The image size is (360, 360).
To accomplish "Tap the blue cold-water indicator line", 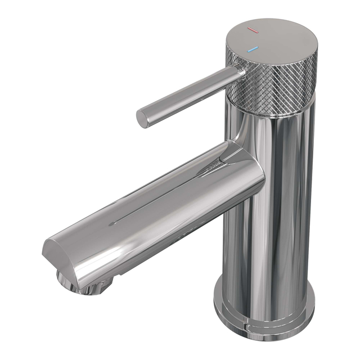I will click(x=253, y=49).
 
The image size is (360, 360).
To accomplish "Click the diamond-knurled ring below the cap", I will click(x=270, y=90).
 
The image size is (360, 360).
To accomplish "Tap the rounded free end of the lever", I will click(x=143, y=118).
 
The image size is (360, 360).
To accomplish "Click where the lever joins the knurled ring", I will click(x=238, y=72).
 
